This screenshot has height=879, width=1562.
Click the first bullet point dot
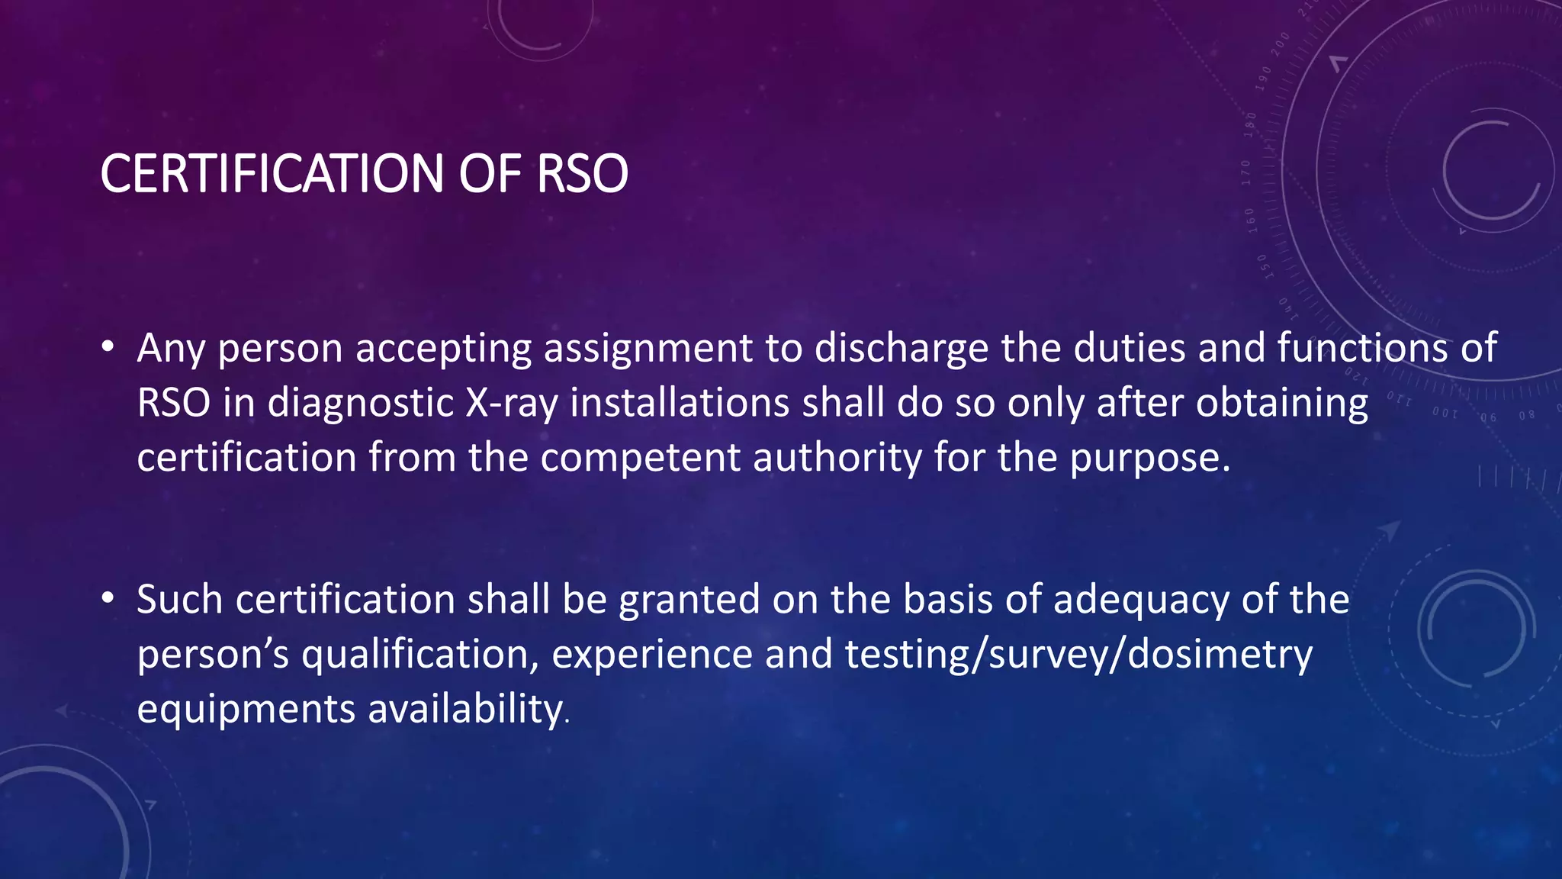point(108,348)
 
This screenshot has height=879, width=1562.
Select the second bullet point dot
point(108,599)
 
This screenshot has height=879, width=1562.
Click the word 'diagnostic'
point(360,404)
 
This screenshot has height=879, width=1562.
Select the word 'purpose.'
point(1149,458)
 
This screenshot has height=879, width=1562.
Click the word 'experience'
point(652,655)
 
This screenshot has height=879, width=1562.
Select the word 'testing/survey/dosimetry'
point(1078,655)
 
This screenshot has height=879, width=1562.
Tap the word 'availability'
point(465,710)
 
